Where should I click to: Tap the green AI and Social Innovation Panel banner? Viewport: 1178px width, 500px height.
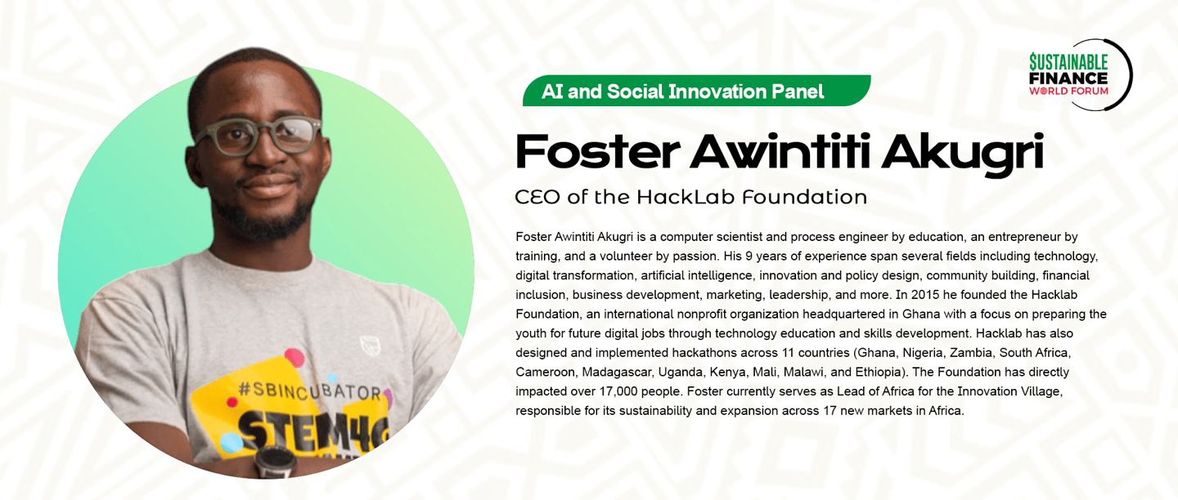point(696,91)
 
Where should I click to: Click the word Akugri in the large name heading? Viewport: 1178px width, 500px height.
point(962,152)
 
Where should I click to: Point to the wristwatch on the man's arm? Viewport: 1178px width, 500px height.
point(276,462)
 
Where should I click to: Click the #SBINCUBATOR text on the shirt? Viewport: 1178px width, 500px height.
point(309,391)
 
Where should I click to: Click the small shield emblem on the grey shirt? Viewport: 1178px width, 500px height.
point(371,346)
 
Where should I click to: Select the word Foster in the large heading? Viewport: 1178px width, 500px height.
point(597,151)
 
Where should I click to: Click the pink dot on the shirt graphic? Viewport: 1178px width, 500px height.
point(294,358)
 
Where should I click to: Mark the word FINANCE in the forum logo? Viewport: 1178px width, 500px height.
point(1068,78)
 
